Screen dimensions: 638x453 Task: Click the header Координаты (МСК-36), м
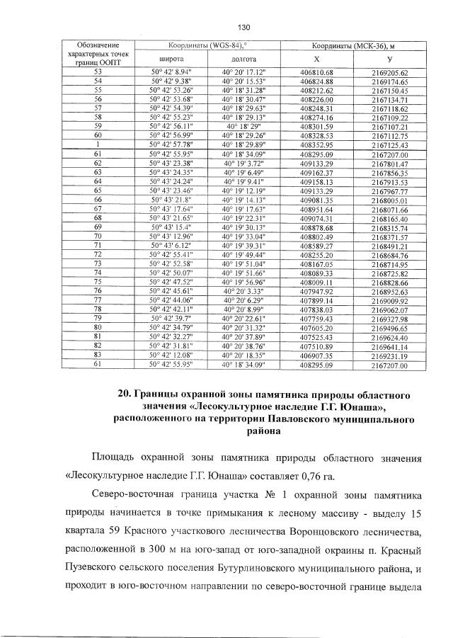(x=351, y=45)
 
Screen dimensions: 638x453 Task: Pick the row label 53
(x=98, y=72)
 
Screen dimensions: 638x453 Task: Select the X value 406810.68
(x=316, y=72)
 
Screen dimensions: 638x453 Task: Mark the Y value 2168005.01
(x=389, y=200)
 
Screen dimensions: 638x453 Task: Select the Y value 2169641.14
(x=389, y=346)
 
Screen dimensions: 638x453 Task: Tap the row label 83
(x=98, y=355)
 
